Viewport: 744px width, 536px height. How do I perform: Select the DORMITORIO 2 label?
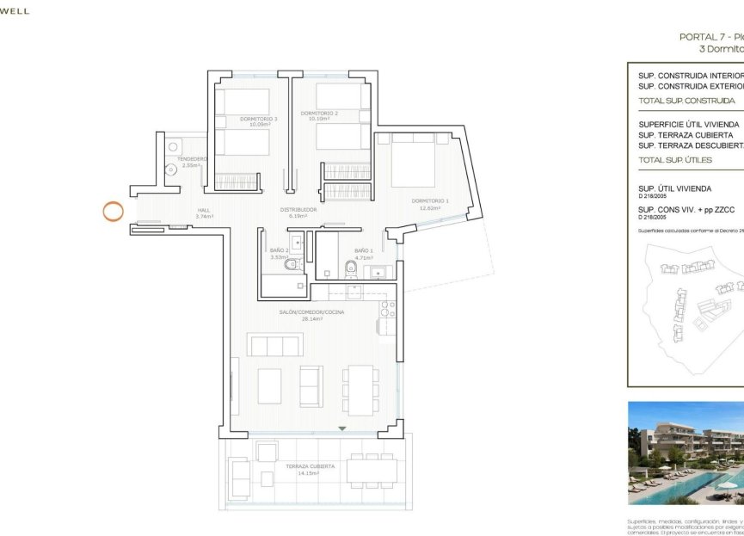point(319,114)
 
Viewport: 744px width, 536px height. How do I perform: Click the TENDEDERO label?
point(192,159)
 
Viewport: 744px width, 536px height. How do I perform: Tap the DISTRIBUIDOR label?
point(298,209)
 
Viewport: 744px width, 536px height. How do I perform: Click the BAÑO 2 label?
point(280,250)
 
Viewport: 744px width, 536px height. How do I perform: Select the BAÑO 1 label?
point(363,250)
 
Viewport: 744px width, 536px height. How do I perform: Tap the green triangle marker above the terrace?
point(342,428)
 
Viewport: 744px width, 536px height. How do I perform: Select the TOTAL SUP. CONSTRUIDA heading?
point(675,101)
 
